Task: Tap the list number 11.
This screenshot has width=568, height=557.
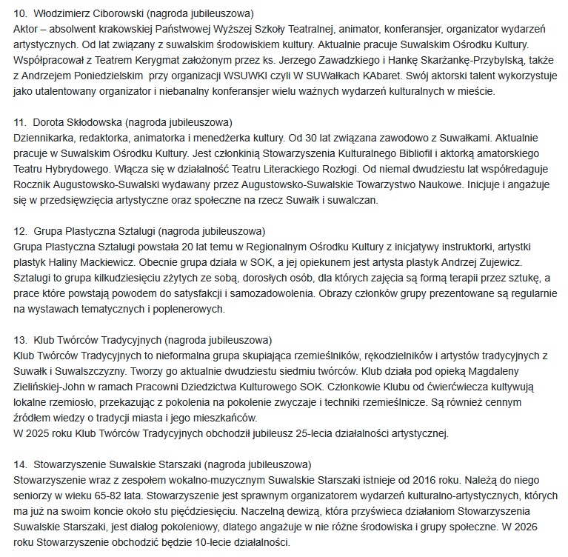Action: [20, 121]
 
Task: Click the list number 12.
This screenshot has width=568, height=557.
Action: [20, 231]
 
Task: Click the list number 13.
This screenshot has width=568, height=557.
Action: [20, 340]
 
